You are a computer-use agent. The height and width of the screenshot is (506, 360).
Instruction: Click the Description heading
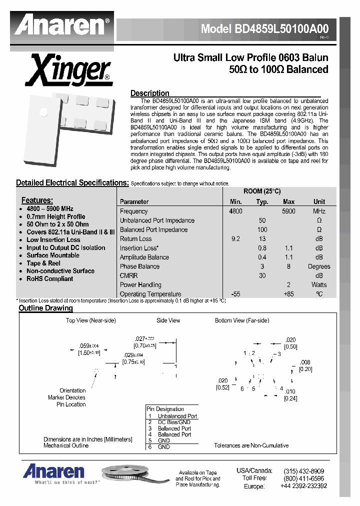point(149,93)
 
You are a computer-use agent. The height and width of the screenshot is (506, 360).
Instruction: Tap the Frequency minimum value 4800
point(235,211)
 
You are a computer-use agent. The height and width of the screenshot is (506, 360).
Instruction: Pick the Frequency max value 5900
point(288,211)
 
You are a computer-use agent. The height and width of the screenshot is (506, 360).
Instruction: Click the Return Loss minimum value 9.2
point(235,239)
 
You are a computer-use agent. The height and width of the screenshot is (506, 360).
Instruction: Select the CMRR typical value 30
point(262,275)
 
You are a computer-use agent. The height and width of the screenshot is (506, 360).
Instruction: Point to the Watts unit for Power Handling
point(319,285)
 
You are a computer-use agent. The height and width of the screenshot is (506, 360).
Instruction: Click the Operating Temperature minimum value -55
point(235,294)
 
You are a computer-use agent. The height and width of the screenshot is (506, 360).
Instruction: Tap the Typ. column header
point(262,202)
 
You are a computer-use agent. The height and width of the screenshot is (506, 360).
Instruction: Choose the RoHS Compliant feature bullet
point(49,279)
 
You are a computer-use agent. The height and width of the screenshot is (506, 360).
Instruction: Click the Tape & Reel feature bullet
point(43,263)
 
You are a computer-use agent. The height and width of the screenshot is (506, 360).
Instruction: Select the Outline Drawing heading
point(45,308)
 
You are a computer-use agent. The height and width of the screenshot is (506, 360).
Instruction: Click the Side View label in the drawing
point(168,320)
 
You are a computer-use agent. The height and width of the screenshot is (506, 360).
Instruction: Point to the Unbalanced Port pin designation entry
point(177,416)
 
